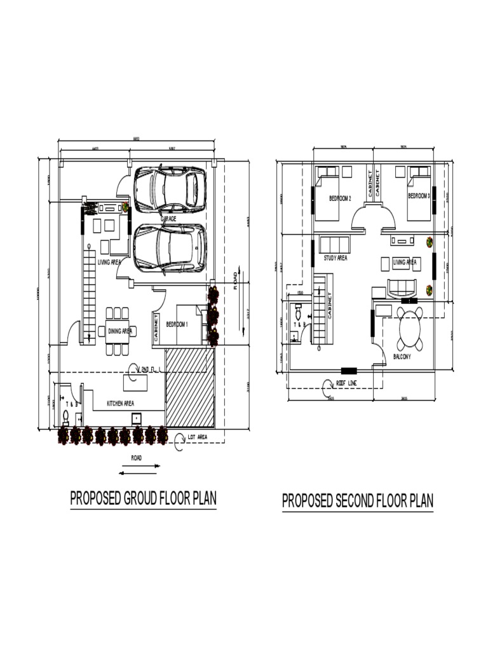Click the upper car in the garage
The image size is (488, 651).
[170, 189]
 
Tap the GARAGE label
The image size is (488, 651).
[168, 219]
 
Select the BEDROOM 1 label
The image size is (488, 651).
[177, 324]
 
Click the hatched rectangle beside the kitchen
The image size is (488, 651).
[189, 387]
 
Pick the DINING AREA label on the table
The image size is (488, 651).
[119, 331]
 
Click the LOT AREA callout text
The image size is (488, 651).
[198, 437]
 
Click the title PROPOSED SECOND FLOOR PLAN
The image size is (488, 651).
[358, 501]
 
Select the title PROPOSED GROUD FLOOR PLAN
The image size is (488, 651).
[143, 498]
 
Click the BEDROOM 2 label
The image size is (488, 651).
[340, 198]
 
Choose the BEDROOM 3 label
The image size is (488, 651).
[419, 195]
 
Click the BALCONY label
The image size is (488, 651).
[402, 357]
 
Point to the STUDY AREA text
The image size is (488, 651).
[335, 258]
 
